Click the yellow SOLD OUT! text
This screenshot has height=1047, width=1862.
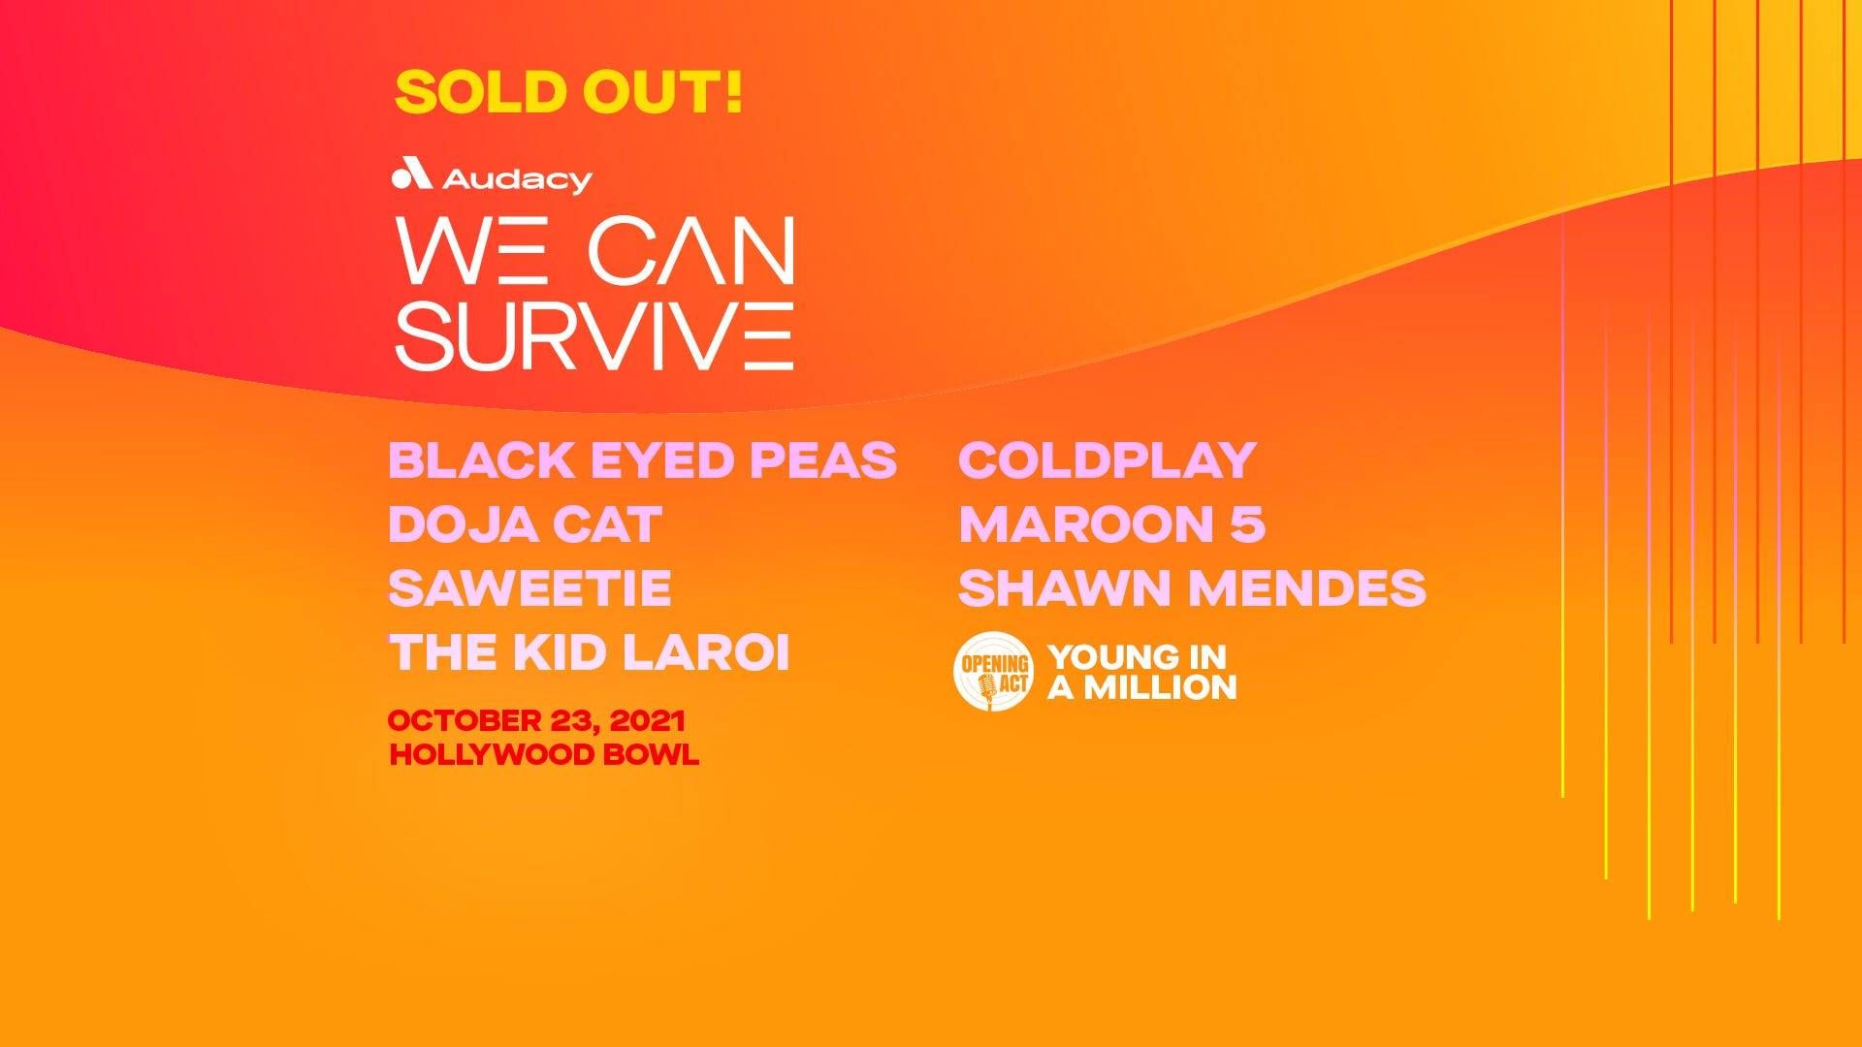[x=569, y=92]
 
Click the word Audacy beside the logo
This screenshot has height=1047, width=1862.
[x=517, y=179]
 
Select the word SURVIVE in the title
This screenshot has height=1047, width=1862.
[x=594, y=335]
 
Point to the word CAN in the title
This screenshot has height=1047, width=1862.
[x=691, y=251]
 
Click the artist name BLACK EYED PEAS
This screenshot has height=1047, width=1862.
[x=643, y=460]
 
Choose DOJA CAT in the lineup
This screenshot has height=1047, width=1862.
[x=525, y=524]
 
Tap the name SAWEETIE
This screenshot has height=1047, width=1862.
[x=530, y=588]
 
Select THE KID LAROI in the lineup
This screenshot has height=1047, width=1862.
[x=589, y=652]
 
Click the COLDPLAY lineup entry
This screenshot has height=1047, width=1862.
[x=1108, y=460]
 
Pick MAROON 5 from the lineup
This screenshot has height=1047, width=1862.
[x=1112, y=524]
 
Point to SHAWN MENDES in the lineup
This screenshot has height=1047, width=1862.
[x=1193, y=588]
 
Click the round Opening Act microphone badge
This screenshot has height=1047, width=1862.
[x=994, y=671]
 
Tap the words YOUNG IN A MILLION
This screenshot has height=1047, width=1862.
[x=1142, y=672]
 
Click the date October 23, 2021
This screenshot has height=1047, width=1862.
[x=536, y=721]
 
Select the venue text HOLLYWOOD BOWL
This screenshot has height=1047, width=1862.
[x=543, y=755]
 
